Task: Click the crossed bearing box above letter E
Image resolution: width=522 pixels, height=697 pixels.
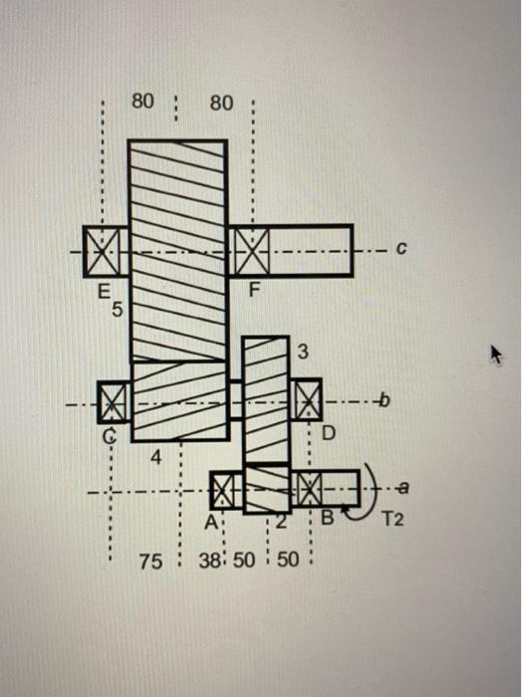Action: click(x=101, y=249)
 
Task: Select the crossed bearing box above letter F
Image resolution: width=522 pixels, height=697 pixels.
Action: click(x=251, y=249)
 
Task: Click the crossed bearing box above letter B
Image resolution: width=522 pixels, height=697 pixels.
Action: click(x=309, y=488)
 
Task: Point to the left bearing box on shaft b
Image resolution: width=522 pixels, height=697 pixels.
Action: click(x=114, y=402)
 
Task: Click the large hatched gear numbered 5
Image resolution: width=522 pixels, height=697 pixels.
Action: click(x=177, y=249)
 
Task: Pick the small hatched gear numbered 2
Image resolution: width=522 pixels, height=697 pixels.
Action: click(x=266, y=489)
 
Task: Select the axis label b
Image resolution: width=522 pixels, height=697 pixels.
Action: click(x=380, y=402)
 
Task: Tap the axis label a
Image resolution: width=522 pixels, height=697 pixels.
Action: click(x=402, y=487)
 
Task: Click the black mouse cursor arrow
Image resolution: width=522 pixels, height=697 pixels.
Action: click(x=494, y=353)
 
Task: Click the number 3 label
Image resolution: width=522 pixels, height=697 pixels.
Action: click(x=304, y=352)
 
